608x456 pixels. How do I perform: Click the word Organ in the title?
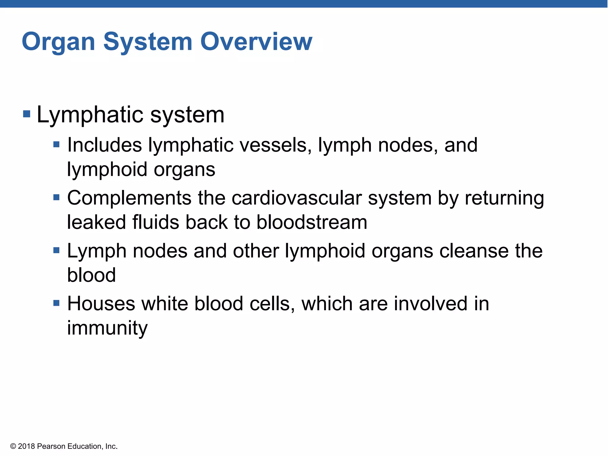point(58,42)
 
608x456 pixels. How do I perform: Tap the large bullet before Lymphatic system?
point(27,114)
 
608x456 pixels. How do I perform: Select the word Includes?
point(104,145)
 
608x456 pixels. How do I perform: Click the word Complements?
point(129,198)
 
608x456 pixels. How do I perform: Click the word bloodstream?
point(312,222)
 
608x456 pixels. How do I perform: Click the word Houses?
point(101,304)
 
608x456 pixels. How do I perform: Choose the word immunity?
point(107,328)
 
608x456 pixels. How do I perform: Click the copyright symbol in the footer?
point(13,446)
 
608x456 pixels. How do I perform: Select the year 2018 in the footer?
point(26,446)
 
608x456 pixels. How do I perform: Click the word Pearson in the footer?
point(51,446)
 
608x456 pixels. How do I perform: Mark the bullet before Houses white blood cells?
point(56,303)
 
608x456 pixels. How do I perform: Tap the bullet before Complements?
point(56,197)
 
